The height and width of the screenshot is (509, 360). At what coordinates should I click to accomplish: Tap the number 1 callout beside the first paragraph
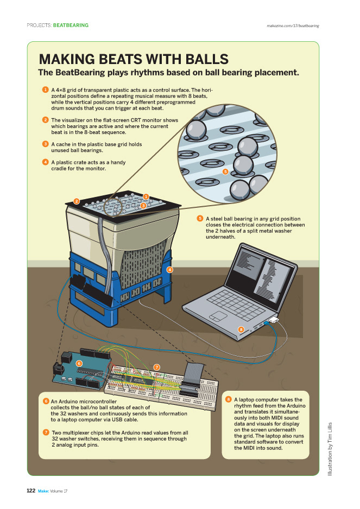(46, 89)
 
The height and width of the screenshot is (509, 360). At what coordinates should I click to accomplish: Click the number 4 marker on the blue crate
(169, 270)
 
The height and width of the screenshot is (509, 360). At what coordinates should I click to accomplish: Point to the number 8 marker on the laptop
(241, 329)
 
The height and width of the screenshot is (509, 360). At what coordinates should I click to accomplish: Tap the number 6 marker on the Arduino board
(79, 363)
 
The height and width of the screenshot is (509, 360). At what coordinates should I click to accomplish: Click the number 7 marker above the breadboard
(156, 367)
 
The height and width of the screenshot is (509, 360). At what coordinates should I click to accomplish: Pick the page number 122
(31, 491)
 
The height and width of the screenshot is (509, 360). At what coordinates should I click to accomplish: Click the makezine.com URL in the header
(293, 26)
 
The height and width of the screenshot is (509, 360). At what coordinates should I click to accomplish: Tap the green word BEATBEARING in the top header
(71, 26)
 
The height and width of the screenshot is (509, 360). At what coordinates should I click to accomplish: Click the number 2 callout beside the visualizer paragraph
(46, 119)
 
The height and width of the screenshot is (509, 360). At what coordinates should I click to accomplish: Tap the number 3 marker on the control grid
(142, 206)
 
